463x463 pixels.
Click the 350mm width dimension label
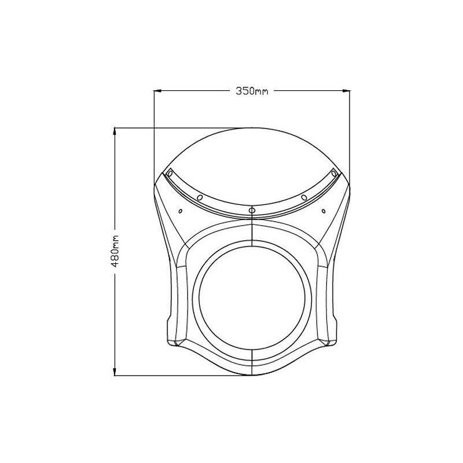point(252,91)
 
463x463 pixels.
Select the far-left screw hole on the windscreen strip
point(170,173)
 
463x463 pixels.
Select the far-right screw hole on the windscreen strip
point(333,173)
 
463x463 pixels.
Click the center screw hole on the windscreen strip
point(252,209)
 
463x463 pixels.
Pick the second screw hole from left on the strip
point(200,198)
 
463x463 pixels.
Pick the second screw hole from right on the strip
point(304,198)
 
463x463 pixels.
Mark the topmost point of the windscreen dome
point(252,127)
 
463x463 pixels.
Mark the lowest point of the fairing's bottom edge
point(253,375)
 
